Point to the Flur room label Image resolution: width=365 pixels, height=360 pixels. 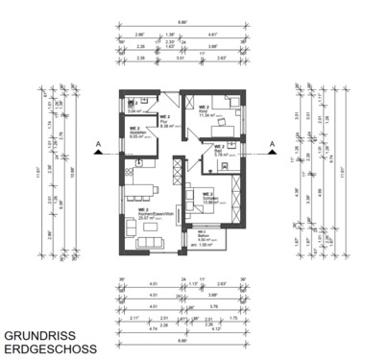(165, 121)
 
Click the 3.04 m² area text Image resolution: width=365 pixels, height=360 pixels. (134, 111)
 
